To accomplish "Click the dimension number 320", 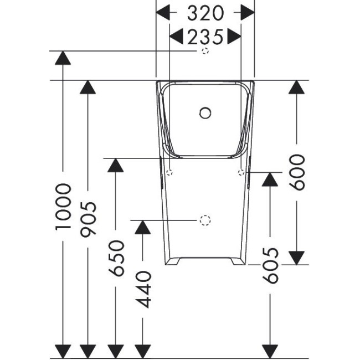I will tap(205, 13).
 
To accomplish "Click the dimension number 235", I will tap(205, 37).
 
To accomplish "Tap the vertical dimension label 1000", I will tap(64, 206).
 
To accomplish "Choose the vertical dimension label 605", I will tap(270, 265).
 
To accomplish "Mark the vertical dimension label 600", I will tap(298, 173).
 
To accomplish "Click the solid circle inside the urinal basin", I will tap(205, 114).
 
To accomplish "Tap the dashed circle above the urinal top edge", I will tap(205, 52).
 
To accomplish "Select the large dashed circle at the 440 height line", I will tap(205, 220).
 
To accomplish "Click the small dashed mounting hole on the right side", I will tap(240, 173).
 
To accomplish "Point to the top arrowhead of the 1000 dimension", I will tap(64, 58).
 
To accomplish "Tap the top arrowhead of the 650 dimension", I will tap(115, 165).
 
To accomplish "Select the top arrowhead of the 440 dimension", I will tap(143, 227).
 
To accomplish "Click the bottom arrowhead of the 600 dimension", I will tap(298, 258).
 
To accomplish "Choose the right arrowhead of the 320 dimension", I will tap(247, 13).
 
